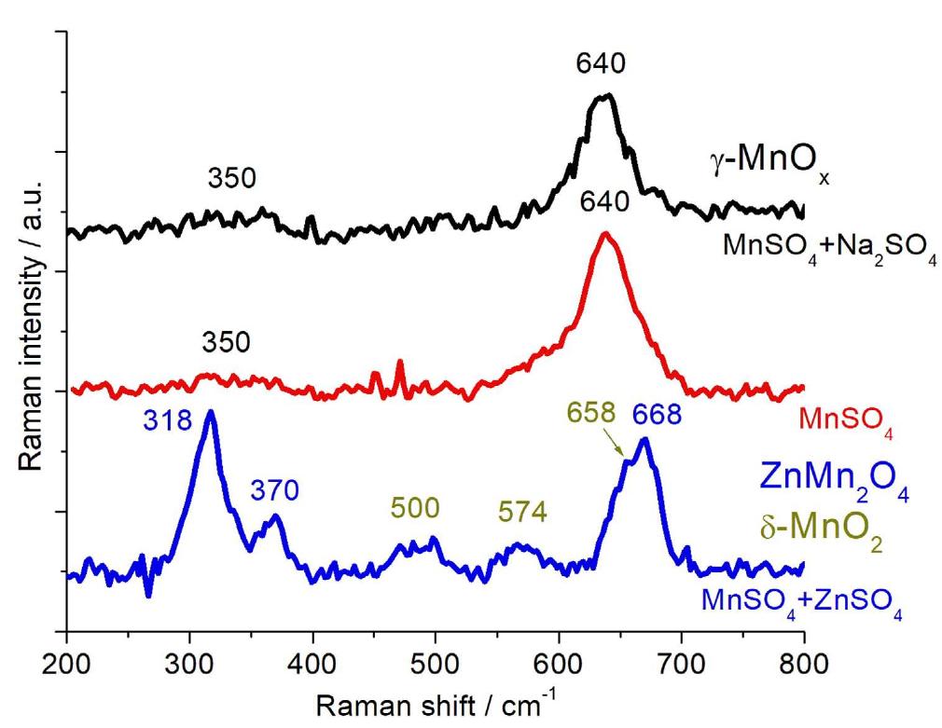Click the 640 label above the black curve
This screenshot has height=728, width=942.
point(600,64)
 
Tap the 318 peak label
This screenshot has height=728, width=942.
point(168,421)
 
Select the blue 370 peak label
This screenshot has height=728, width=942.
point(274,489)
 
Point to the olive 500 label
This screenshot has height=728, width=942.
point(412,508)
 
